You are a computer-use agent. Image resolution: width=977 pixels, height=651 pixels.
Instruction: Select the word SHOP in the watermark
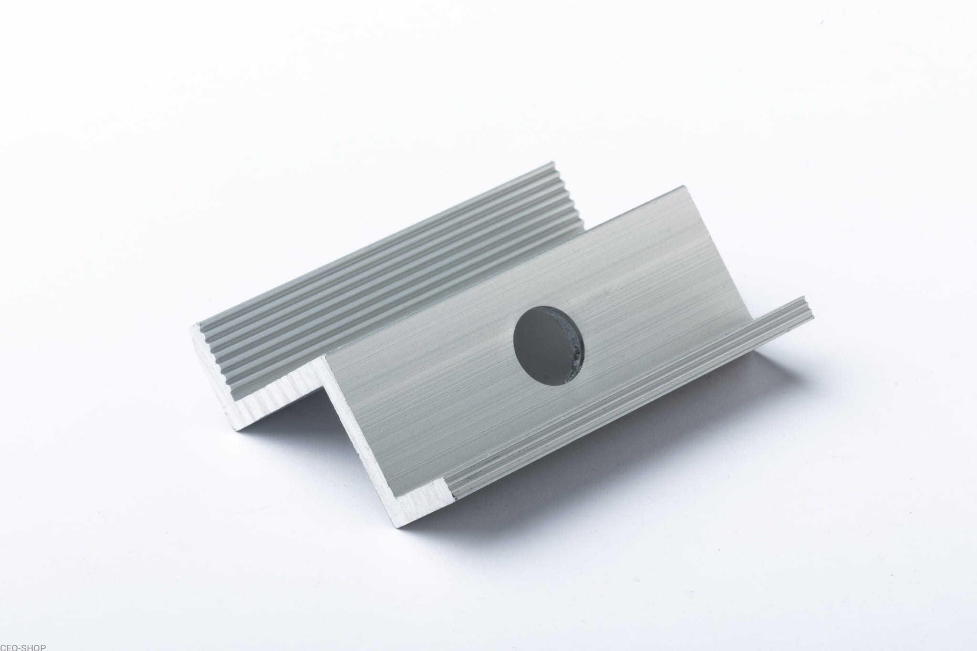pos(36,647)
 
